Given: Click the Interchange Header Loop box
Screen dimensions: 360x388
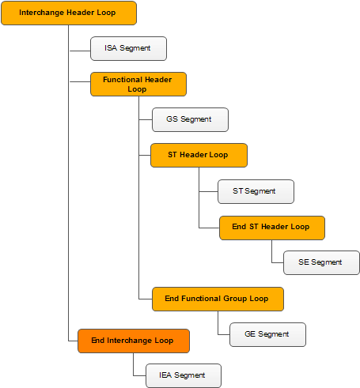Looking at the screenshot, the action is pyautogui.click(x=69, y=13).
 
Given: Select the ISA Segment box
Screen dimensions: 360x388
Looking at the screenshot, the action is pyautogui.click(x=128, y=48).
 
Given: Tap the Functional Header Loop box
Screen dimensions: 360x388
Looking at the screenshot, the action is pyautogui.click(x=138, y=85).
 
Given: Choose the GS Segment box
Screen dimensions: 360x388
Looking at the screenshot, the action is pyautogui.click(x=190, y=119).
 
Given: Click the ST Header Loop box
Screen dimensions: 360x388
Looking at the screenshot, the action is pyautogui.click(x=199, y=155).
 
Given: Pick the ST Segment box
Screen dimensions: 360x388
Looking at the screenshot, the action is pyautogui.click(x=256, y=191).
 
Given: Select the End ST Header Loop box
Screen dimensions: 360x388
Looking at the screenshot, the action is pyautogui.click(x=272, y=228).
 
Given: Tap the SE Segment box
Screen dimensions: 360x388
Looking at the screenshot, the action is pyautogui.click(x=321, y=262).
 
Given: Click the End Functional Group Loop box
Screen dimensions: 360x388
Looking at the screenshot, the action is pyautogui.click(x=218, y=299).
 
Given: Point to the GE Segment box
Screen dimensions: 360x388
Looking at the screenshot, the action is pyautogui.click(x=267, y=334).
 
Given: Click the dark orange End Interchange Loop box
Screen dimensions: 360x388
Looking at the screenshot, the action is pyautogui.click(x=134, y=341).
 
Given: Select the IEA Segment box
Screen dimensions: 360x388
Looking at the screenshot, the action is pyautogui.click(x=184, y=375).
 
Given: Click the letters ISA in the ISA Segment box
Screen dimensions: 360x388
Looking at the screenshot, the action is pyautogui.click(x=111, y=48).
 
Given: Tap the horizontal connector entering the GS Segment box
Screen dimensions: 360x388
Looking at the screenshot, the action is pyautogui.click(x=146, y=119).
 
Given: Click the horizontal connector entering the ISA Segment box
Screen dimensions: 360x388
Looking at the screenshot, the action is pyautogui.click(x=80, y=51).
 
